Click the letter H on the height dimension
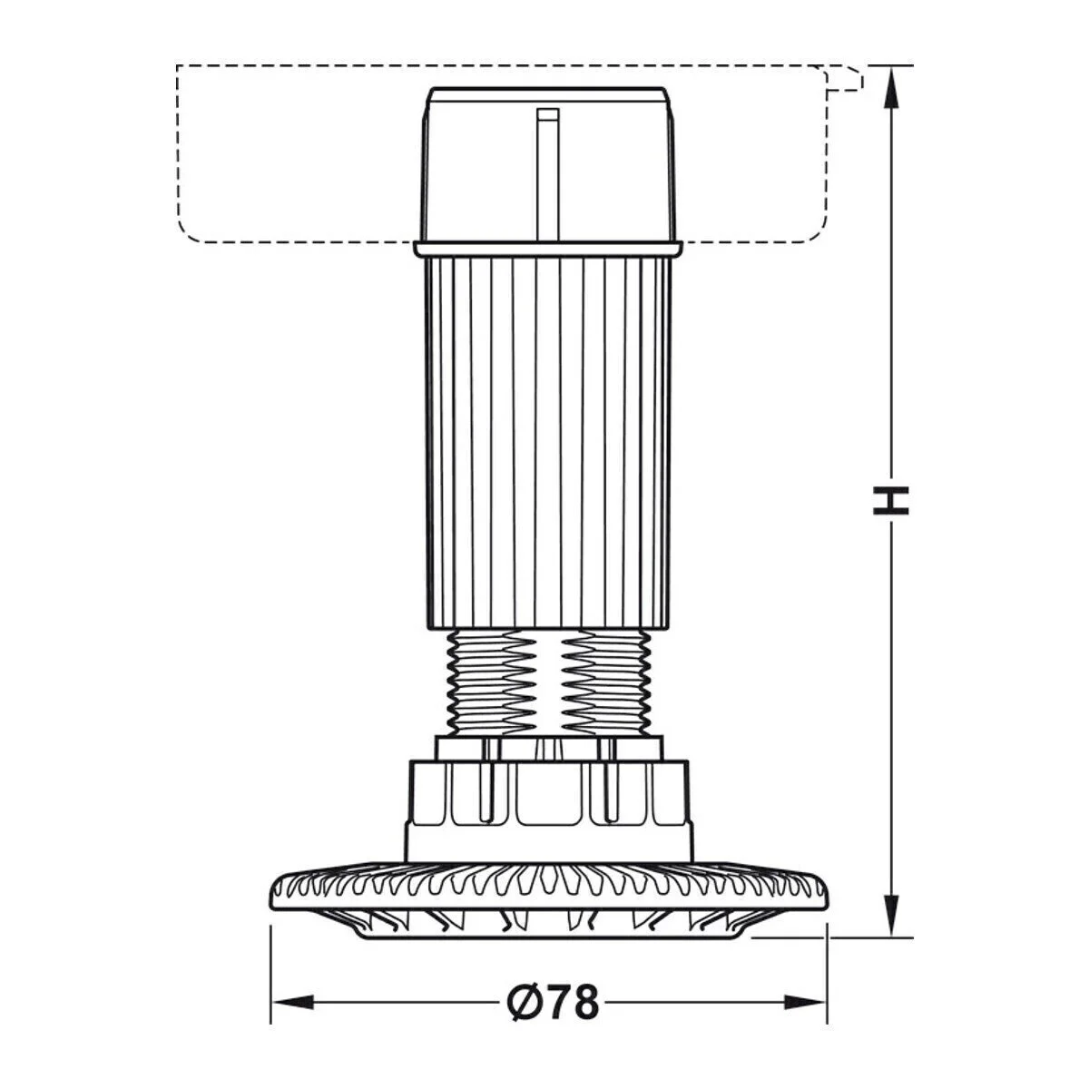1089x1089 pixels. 890,500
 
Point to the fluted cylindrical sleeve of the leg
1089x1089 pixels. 549,436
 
